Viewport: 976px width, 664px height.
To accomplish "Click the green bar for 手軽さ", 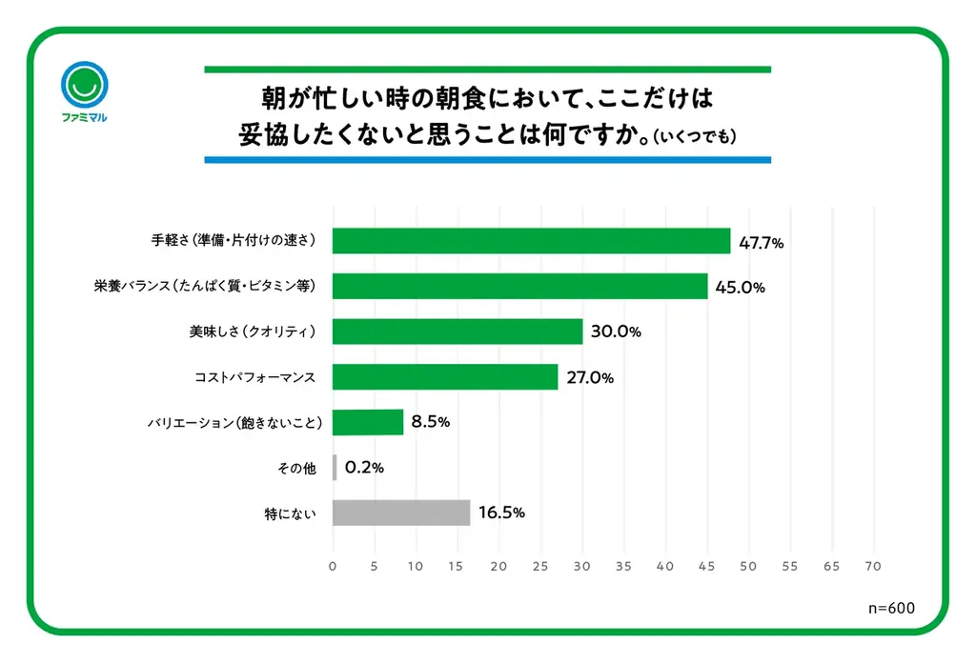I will pyautogui.click(x=531, y=241).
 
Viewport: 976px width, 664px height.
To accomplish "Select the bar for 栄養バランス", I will pyautogui.click(x=519, y=287).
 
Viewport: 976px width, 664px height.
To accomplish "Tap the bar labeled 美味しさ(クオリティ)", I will pyautogui.click(x=457, y=332).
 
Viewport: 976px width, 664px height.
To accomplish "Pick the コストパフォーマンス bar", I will pyautogui.click(x=445, y=377).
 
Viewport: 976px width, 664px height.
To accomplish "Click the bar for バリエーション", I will pyautogui.click(x=368, y=422).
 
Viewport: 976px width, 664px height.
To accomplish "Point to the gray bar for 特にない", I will pyautogui.click(x=401, y=513).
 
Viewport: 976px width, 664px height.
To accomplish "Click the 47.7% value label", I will pyautogui.click(x=761, y=243).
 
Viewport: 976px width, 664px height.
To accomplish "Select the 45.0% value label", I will pyautogui.click(x=740, y=288).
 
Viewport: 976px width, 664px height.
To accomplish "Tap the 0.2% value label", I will pyautogui.click(x=364, y=468).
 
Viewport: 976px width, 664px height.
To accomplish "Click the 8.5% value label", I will pyautogui.click(x=430, y=422).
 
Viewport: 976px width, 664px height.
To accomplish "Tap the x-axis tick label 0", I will pyautogui.click(x=333, y=566).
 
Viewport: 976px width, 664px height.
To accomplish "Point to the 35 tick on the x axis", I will pyautogui.click(x=623, y=566).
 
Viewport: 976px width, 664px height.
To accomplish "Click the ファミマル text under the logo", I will pyautogui.click(x=84, y=118).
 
